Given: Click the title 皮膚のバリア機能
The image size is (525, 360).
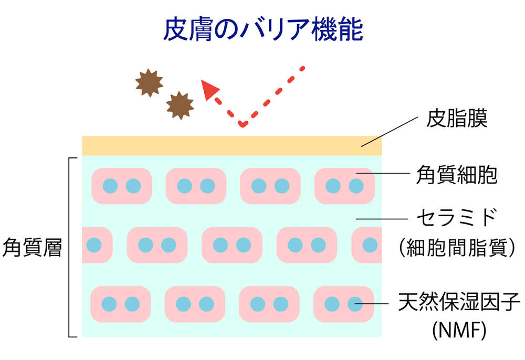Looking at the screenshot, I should coord(262,30).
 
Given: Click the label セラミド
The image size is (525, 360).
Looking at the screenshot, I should coord(456,217).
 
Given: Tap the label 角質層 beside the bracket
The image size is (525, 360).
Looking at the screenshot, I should coord(33,247).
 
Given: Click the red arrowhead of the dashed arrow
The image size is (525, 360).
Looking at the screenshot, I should coord(209,90).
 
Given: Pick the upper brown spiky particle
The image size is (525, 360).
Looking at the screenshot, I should coord(149,83).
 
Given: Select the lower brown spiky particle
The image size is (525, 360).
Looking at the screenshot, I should coord(180,105).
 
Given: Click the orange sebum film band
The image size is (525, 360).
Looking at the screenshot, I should coord(231,145).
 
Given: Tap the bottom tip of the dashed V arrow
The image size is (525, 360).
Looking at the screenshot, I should coord(242,124).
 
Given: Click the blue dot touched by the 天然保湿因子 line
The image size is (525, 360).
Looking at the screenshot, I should coord(355,304).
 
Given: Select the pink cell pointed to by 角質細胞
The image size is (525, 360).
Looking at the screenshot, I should coord(344,186).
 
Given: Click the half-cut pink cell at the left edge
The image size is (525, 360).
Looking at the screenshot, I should coord(97,245).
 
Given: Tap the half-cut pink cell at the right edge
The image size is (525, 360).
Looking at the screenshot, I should coord(367,245).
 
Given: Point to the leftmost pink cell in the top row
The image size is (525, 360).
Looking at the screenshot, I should coord(122,186).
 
